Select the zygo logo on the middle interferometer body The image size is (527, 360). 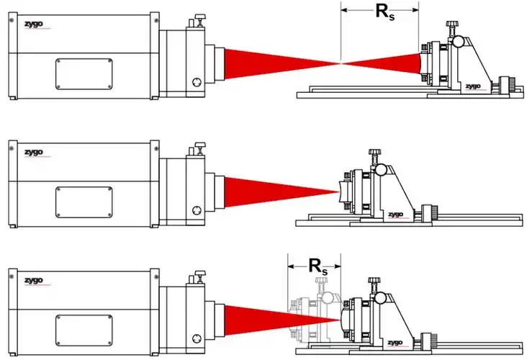[x=28, y=153]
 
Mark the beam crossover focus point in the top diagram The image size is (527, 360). [x=341, y=63]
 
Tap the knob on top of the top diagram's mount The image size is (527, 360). [x=452, y=27]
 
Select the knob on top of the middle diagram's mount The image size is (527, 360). [x=374, y=153]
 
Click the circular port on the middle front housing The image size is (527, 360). [x=194, y=210]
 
